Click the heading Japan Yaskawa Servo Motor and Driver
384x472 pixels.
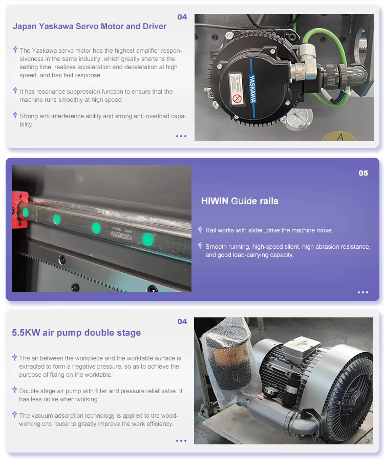tap(90, 26)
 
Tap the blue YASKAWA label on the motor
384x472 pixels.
tap(252, 89)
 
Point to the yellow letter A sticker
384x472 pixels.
tap(339, 137)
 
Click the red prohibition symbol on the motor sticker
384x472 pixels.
tap(237, 98)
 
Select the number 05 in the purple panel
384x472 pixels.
tap(363, 173)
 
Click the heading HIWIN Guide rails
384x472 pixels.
tap(240, 201)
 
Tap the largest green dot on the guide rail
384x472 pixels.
tap(147, 239)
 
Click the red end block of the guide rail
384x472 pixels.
tap(20, 210)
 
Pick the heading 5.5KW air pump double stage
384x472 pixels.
tap(76, 333)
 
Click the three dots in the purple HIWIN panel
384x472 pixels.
tap(363, 292)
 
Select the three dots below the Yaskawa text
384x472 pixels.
tap(181, 136)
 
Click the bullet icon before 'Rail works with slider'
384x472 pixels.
tap(200, 230)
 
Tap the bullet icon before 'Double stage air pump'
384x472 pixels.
tap(14, 390)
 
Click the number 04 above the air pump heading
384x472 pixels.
tap(182, 321)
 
